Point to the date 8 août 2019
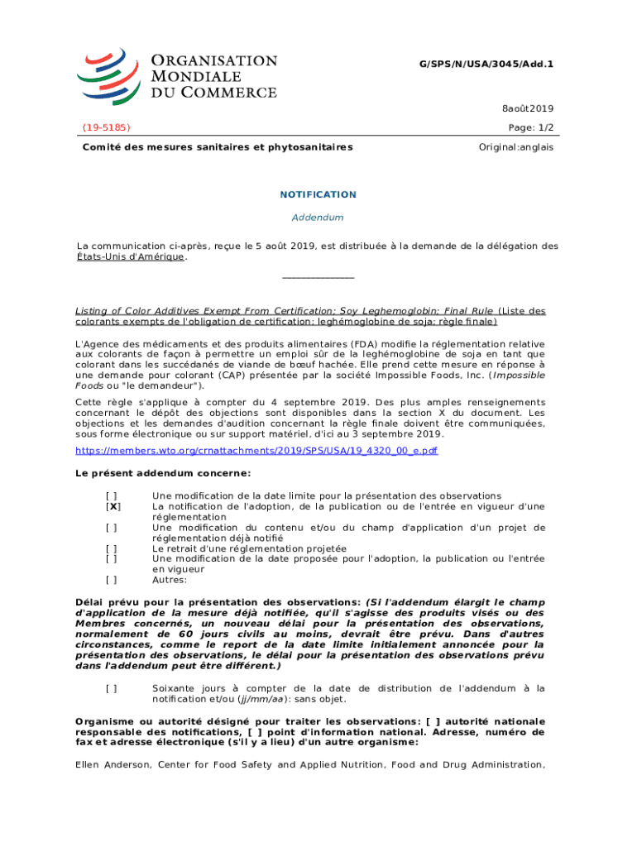[528, 108]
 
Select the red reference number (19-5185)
[106, 127]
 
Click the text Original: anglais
[516, 147]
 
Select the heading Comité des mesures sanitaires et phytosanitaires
[217, 147]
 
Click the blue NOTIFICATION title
[318, 194]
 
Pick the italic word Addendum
[318, 218]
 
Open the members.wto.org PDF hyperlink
[256, 451]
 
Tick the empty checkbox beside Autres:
[111, 581]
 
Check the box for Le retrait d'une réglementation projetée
[111, 548]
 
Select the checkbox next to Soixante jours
[111, 688]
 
